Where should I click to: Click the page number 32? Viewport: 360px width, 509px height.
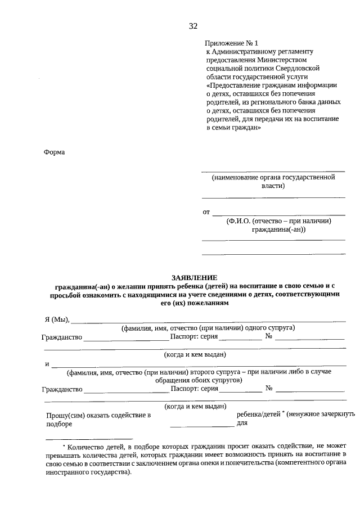click(193, 26)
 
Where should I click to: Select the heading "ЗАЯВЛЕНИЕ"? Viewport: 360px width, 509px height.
click(193, 278)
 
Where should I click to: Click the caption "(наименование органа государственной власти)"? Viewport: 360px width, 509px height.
click(273, 181)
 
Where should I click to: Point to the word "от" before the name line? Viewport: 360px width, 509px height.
click(206, 212)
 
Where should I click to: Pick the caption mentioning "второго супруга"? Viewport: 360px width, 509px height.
click(199, 376)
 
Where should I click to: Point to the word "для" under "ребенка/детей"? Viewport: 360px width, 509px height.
click(242, 423)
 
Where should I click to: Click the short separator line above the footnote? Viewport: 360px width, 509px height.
click(88, 438)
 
